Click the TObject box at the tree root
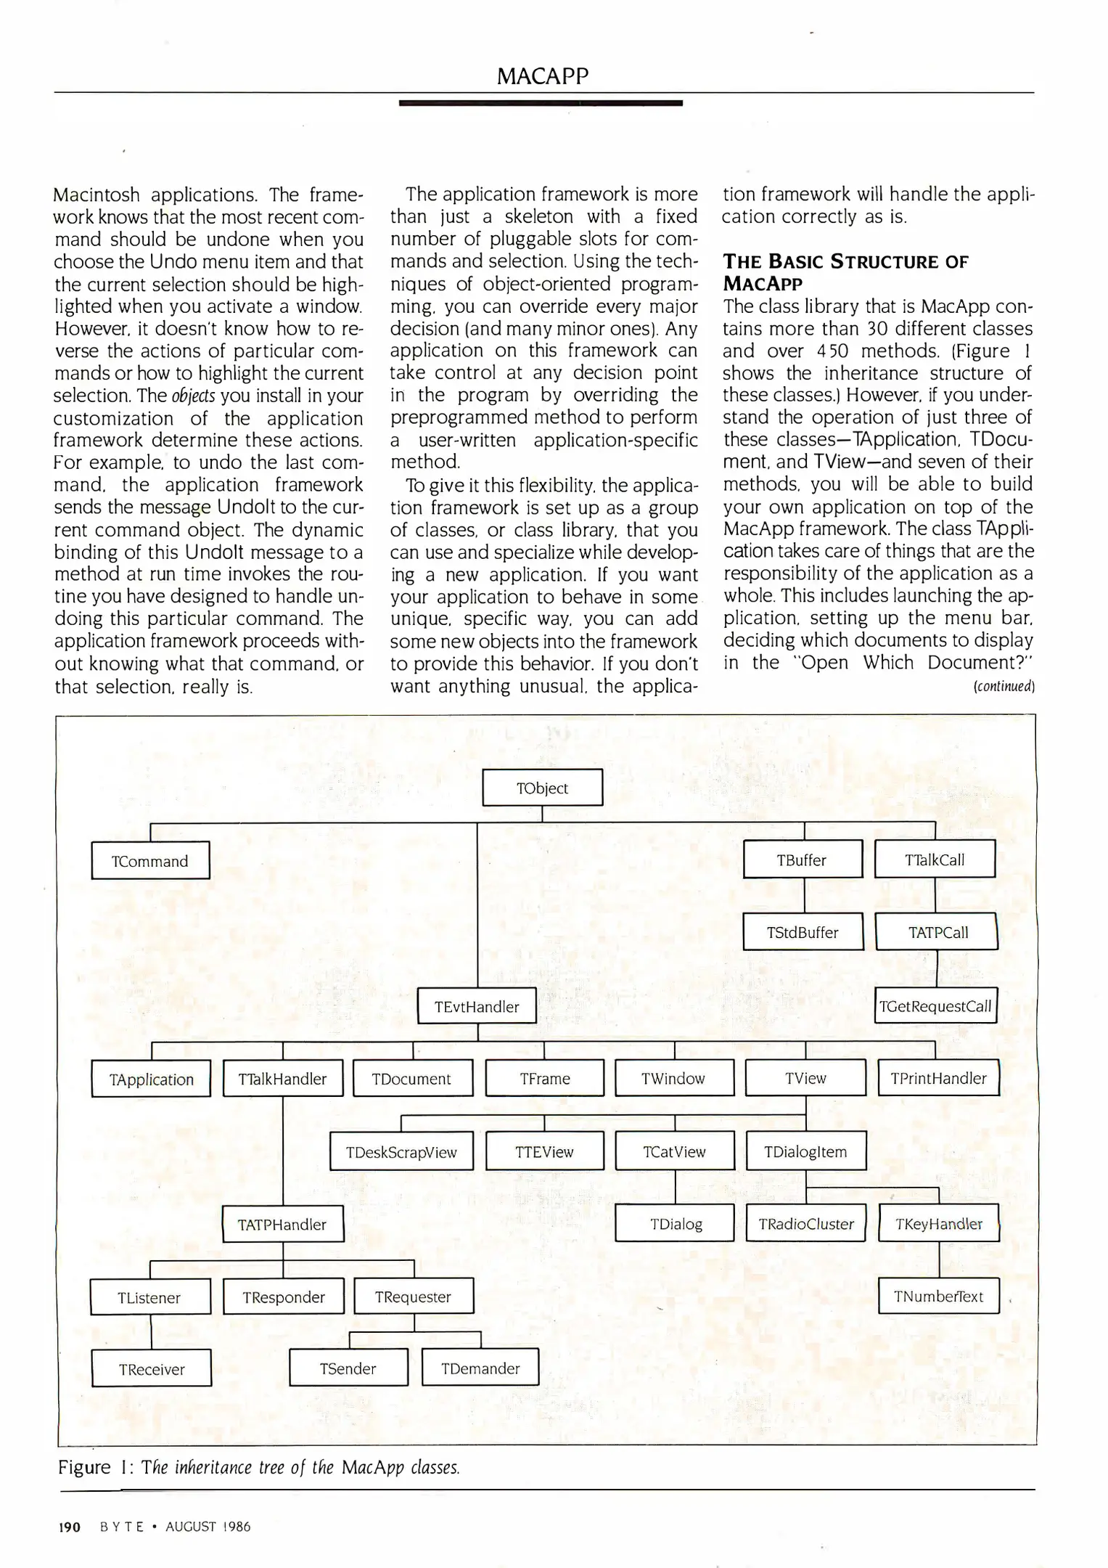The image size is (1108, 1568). tap(542, 788)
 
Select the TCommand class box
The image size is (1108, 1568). tap(150, 860)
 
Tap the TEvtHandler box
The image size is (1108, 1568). tap(477, 1006)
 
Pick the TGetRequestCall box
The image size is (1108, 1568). tap(935, 1006)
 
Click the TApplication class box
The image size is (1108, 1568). tap(151, 1079)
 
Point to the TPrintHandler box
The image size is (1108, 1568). tap(937, 1078)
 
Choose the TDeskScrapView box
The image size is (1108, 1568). tap(401, 1151)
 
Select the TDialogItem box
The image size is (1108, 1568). tap(805, 1151)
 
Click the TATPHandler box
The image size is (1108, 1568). tap(282, 1224)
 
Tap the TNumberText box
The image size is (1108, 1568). tap(938, 1297)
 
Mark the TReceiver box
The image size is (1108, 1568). tap(152, 1369)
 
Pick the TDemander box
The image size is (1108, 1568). tap(480, 1368)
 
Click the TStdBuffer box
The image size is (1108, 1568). tap(803, 932)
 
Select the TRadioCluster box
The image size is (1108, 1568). tap(805, 1224)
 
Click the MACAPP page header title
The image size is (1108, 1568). tap(542, 76)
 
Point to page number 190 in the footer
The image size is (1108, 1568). tap(69, 1527)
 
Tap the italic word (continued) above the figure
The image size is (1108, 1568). tap(1004, 686)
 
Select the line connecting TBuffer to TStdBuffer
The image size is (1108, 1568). tap(804, 896)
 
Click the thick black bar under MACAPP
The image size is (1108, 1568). tap(541, 104)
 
